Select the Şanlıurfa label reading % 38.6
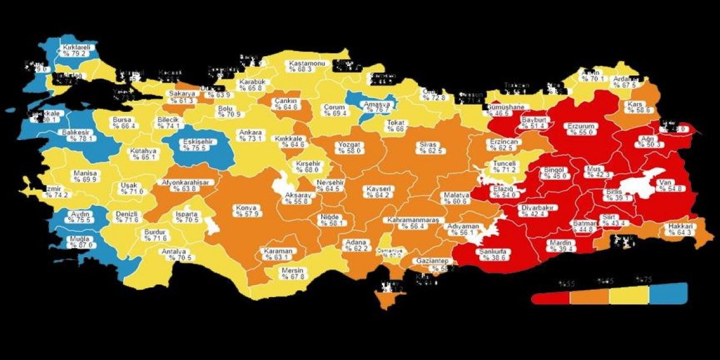tap(493, 254)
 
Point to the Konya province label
tap(246, 211)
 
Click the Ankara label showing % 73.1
tap(250, 136)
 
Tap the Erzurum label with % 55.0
tap(578, 129)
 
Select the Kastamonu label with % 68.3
tap(307, 66)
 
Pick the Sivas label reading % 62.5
tap(431, 148)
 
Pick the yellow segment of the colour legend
tap(629, 294)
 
